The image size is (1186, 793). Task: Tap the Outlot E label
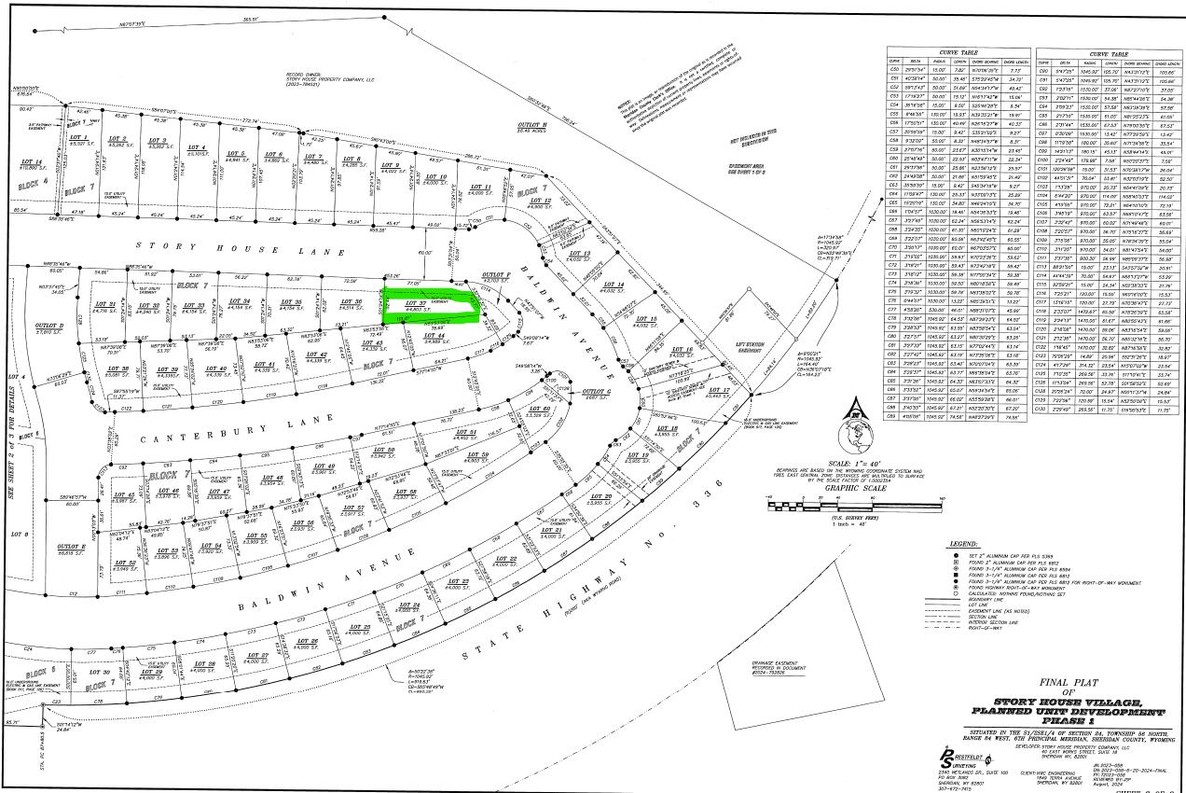tap(72, 546)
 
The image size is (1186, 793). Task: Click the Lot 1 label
tap(77, 142)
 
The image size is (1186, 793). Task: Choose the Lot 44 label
tap(434, 337)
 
